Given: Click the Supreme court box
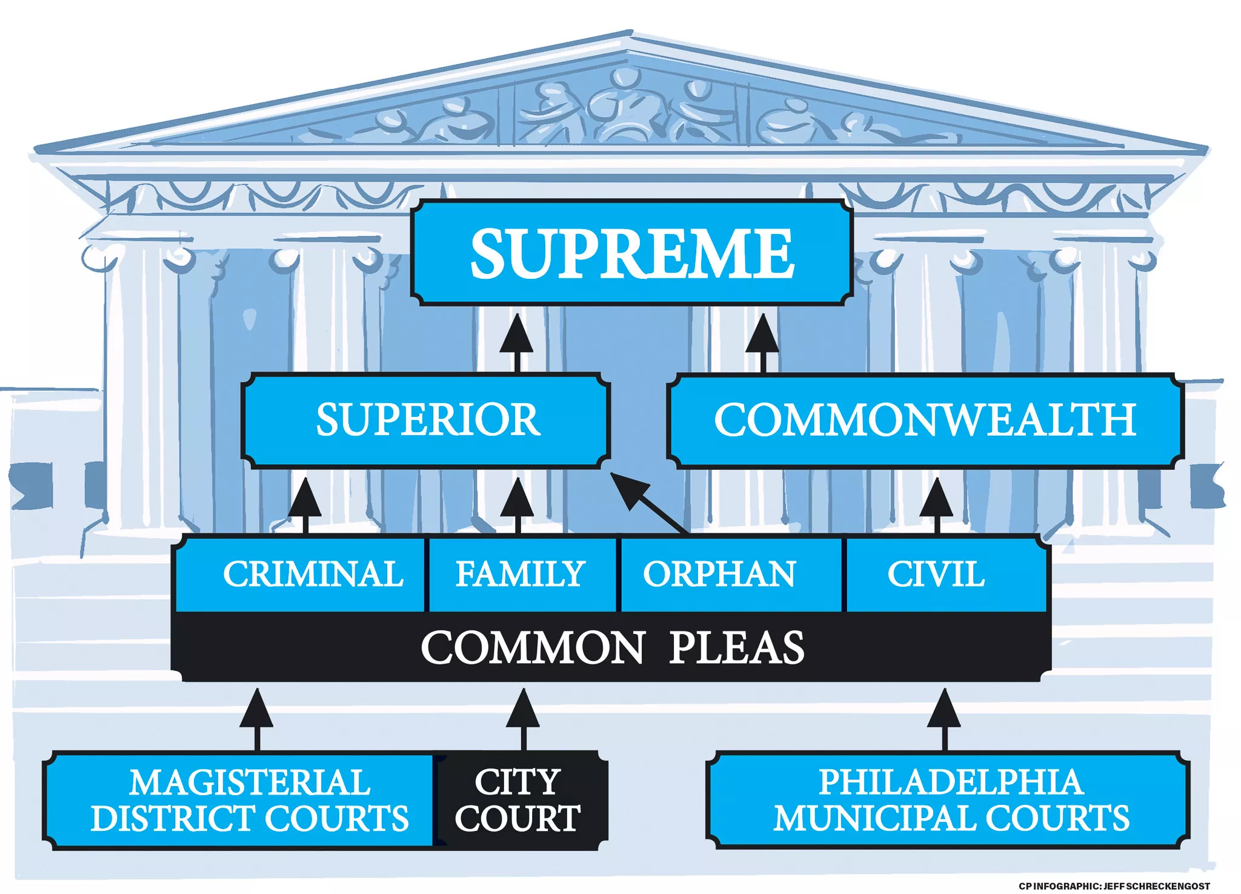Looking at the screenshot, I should tap(631, 252).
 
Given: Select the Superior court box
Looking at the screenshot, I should tap(426, 420).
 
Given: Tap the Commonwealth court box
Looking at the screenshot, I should tap(925, 420).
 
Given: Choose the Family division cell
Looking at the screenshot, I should tap(521, 573).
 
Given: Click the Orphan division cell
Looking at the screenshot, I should tap(730, 573).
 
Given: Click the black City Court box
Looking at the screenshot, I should tap(519, 800).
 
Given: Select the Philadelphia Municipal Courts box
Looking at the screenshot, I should tap(949, 800).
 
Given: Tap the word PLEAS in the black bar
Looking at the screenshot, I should tap(737, 647).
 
